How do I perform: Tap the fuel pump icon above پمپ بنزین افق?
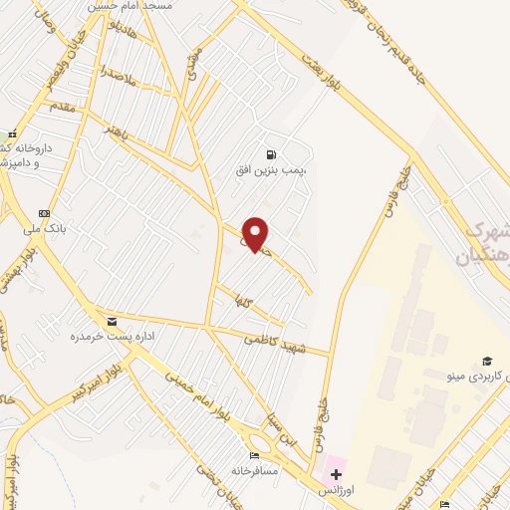[270, 154]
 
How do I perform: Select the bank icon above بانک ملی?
[44, 213]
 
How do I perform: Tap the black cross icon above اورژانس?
[335, 473]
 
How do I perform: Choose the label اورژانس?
[336, 490]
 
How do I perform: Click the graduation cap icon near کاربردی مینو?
[487, 360]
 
